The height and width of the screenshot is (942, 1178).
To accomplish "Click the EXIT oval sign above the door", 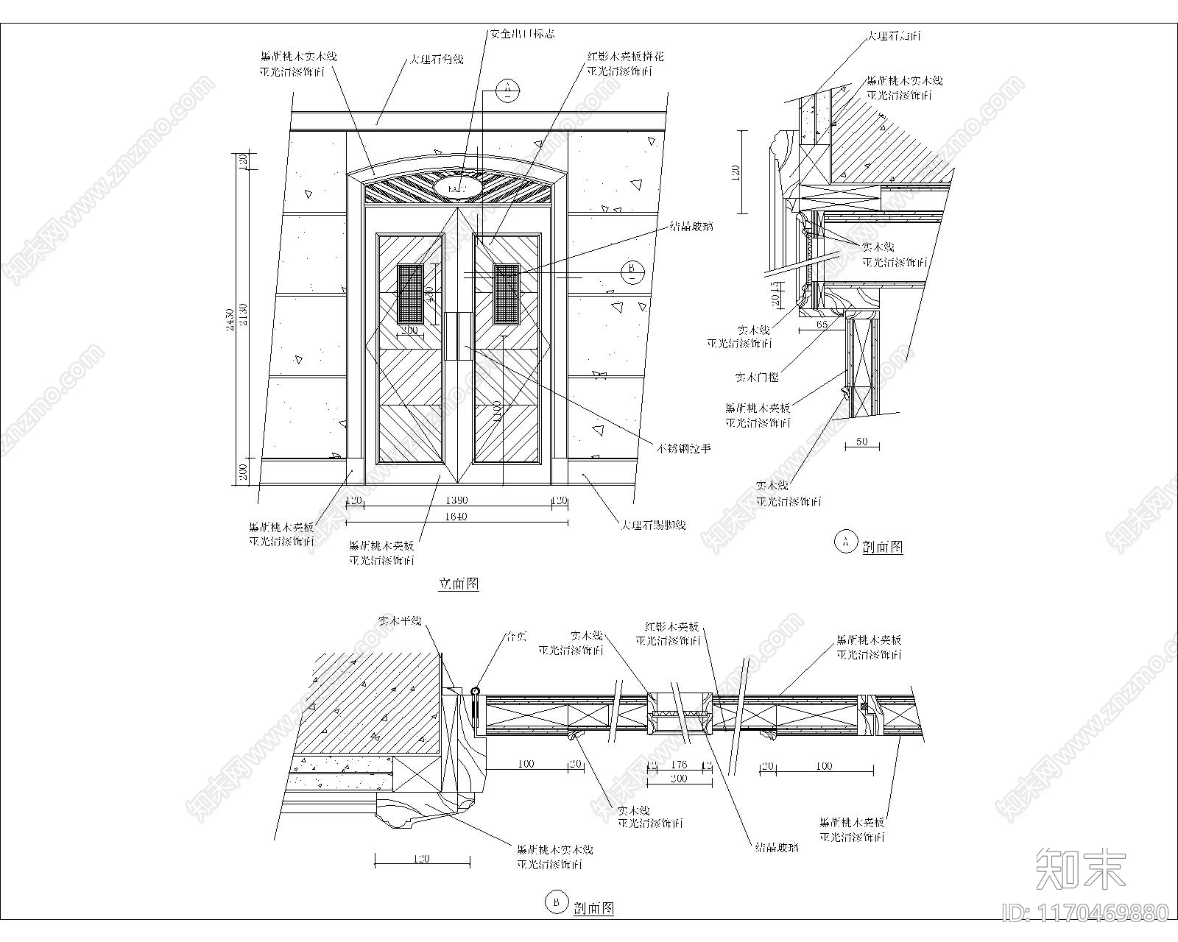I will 458,188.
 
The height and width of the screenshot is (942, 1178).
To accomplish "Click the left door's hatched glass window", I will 409,294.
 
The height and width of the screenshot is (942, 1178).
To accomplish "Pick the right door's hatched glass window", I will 507,294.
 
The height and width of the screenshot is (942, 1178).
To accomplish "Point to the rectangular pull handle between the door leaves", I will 458,336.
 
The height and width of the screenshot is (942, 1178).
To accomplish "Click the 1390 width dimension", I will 457,500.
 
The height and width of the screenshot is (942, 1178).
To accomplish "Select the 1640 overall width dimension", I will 456,517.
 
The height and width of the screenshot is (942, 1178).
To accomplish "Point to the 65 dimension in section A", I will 822,324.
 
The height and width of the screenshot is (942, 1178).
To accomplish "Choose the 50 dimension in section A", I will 862,442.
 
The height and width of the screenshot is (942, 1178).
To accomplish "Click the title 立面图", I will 459,584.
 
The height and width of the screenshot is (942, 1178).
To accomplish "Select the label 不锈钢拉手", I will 684,447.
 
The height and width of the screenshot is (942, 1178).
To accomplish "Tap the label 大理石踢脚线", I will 652,525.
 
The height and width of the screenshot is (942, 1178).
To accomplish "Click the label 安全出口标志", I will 522,34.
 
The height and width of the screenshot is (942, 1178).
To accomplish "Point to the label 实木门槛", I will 756,378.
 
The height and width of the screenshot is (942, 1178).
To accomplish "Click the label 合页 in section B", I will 515,636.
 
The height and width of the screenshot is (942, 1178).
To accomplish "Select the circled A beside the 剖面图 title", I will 844,542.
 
